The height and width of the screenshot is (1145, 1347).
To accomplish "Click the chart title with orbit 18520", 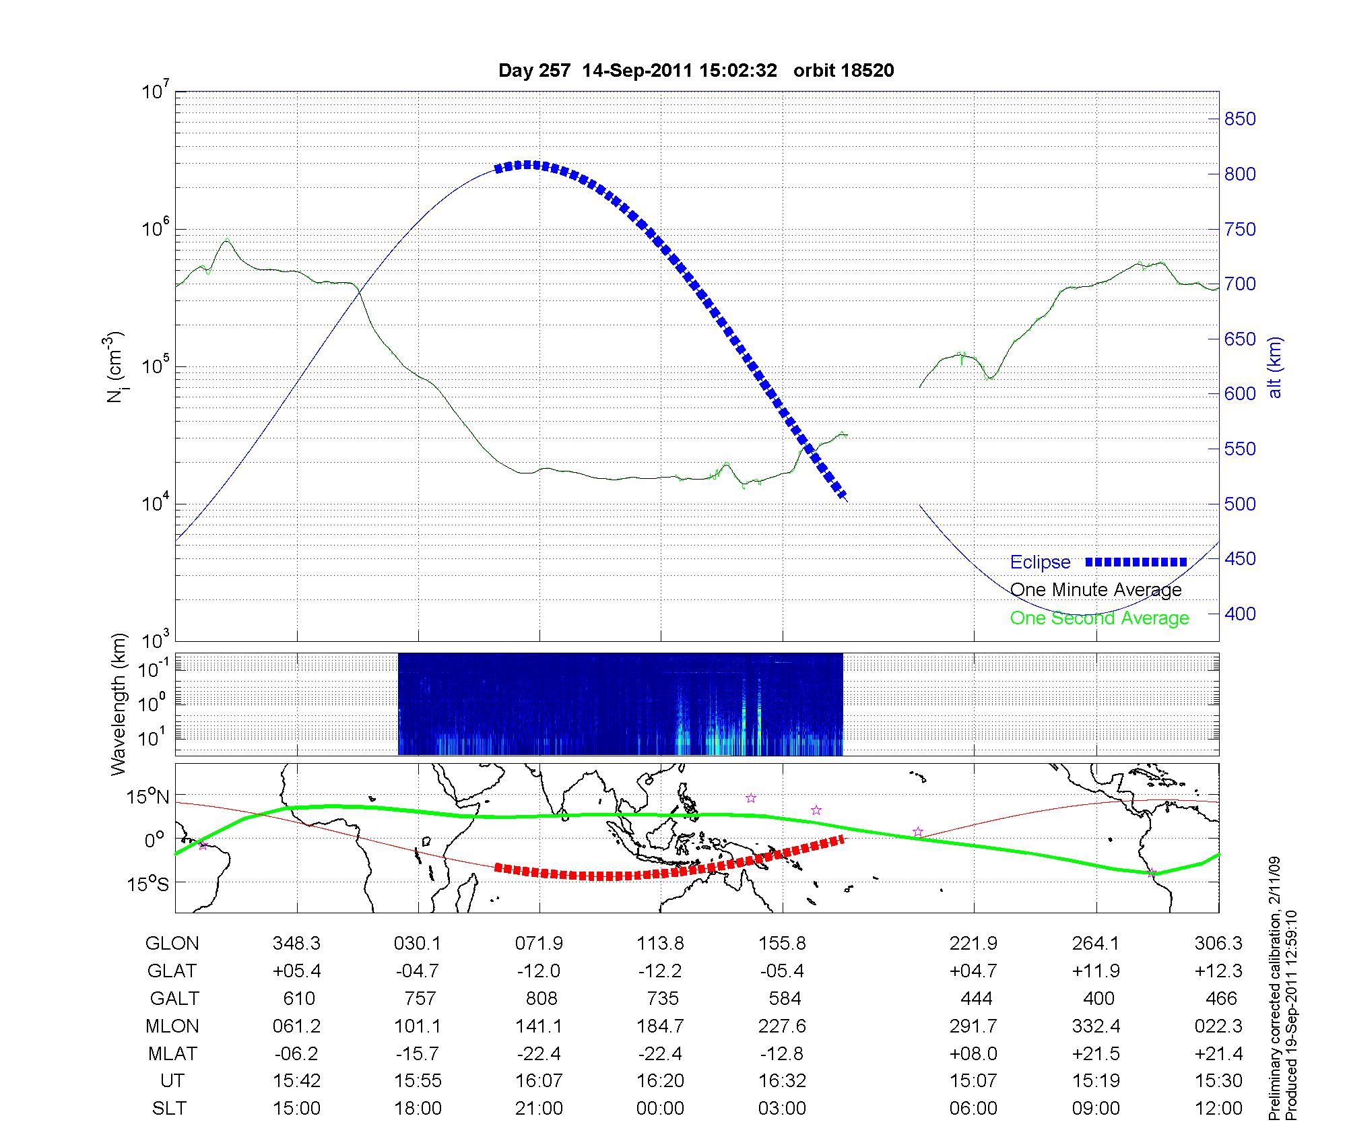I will pyautogui.click(x=696, y=71).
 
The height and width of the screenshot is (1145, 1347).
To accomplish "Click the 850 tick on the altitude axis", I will pyautogui.click(x=1240, y=119).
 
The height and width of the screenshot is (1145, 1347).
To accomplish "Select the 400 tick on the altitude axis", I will pyautogui.click(x=1240, y=614).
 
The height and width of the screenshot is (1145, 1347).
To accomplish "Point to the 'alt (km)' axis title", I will pyautogui.click(x=1275, y=367).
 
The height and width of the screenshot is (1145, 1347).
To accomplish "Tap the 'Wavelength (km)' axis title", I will pyautogui.click(x=119, y=704).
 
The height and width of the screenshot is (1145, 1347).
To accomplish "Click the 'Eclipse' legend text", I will pyautogui.click(x=1040, y=562).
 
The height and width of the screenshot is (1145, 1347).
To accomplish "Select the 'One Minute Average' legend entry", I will pyautogui.click(x=1096, y=590).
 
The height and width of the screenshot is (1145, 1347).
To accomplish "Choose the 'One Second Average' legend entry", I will pyautogui.click(x=1099, y=618).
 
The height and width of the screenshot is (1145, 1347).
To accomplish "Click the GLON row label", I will pyautogui.click(x=172, y=944).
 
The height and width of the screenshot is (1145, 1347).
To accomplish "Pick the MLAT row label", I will pyautogui.click(x=172, y=1053).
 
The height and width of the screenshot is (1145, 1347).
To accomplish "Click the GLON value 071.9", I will pyautogui.click(x=539, y=944).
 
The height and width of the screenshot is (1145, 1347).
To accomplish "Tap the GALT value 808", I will pyautogui.click(x=541, y=998).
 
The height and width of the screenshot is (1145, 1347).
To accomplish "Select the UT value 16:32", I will pyautogui.click(x=782, y=1081).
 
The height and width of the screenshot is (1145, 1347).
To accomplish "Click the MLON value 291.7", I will pyautogui.click(x=973, y=1026).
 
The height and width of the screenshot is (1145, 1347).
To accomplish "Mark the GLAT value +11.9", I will pyautogui.click(x=1096, y=971).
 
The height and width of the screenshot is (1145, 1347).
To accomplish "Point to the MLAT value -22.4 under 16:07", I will pyautogui.click(x=539, y=1053).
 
